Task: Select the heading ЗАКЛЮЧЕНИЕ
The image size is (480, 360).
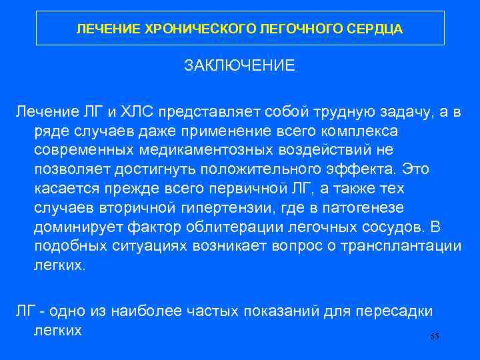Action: (239, 66)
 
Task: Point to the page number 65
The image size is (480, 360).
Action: (435, 337)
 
